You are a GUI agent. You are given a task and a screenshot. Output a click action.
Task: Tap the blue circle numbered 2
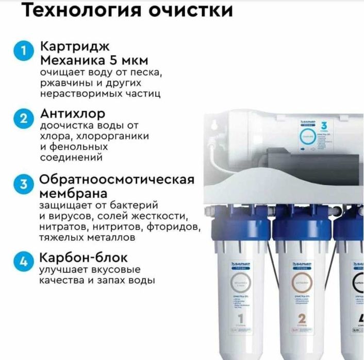[22, 119]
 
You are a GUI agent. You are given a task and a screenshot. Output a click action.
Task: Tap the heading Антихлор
[73, 113]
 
